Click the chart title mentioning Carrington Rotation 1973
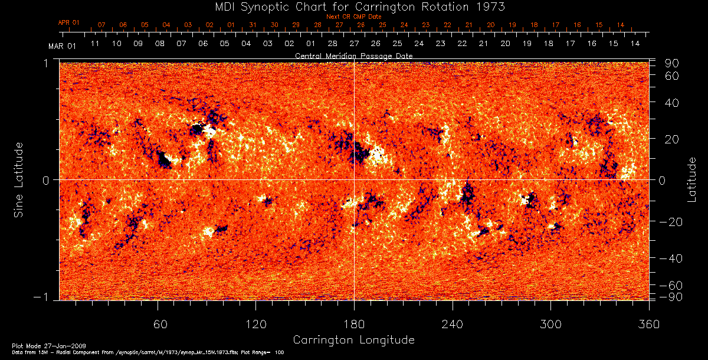tap(353, 6)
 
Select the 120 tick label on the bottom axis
tap(256, 325)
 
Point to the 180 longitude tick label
tap(354, 325)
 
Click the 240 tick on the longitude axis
tap(452, 325)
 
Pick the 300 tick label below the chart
tap(550, 325)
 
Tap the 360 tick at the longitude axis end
tap(648, 325)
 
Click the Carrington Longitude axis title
tap(353, 340)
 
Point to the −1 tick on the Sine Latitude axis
tap(43, 297)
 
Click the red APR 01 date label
tap(68, 22)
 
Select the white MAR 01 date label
tap(62, 45)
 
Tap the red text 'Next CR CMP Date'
tap(353, 17)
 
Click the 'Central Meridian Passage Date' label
tap(353, 55)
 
